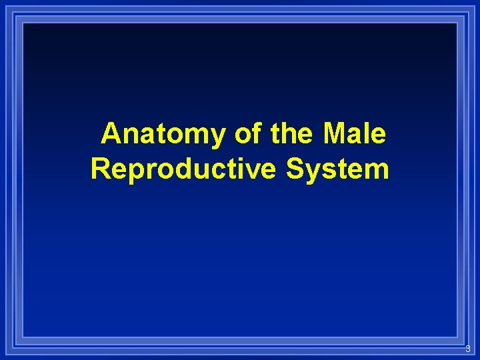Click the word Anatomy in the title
click(164, 135)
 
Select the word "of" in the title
click(248, 135)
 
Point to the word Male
click(354, 135)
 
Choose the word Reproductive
click(184, 169)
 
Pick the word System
click(337, 169)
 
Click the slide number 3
click(467, 349)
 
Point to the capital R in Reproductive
click(101, 169)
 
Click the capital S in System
click(295, 169)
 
